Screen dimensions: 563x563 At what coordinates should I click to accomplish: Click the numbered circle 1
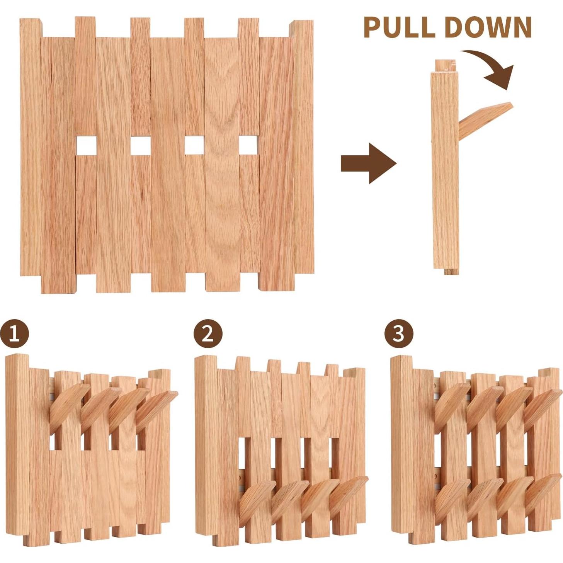tap(14, 333)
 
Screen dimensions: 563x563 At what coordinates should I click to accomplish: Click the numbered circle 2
tap(208, 333)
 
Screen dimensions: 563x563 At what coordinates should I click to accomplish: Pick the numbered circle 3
tap(398, 333)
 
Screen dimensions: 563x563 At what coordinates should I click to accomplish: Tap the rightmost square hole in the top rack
tap(249, 145)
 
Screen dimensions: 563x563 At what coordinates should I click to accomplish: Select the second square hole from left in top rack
tap(140, 145)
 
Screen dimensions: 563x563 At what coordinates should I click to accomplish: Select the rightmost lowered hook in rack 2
tap(348, 495)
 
